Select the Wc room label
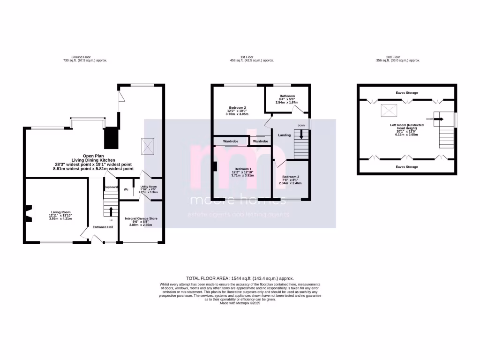click(126, 189)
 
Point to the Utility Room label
click(149, 187)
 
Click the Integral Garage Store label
click(141, 218)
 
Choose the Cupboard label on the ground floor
click(111, 187)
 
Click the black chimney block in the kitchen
click(111, 137)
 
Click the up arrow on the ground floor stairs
click(111, 210)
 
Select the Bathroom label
click(286, 96)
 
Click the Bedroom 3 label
click(290, 177)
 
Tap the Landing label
click(284, 135)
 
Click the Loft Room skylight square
click(388, 111)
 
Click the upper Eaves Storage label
click(406, 93)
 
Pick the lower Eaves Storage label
click(406, 167)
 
